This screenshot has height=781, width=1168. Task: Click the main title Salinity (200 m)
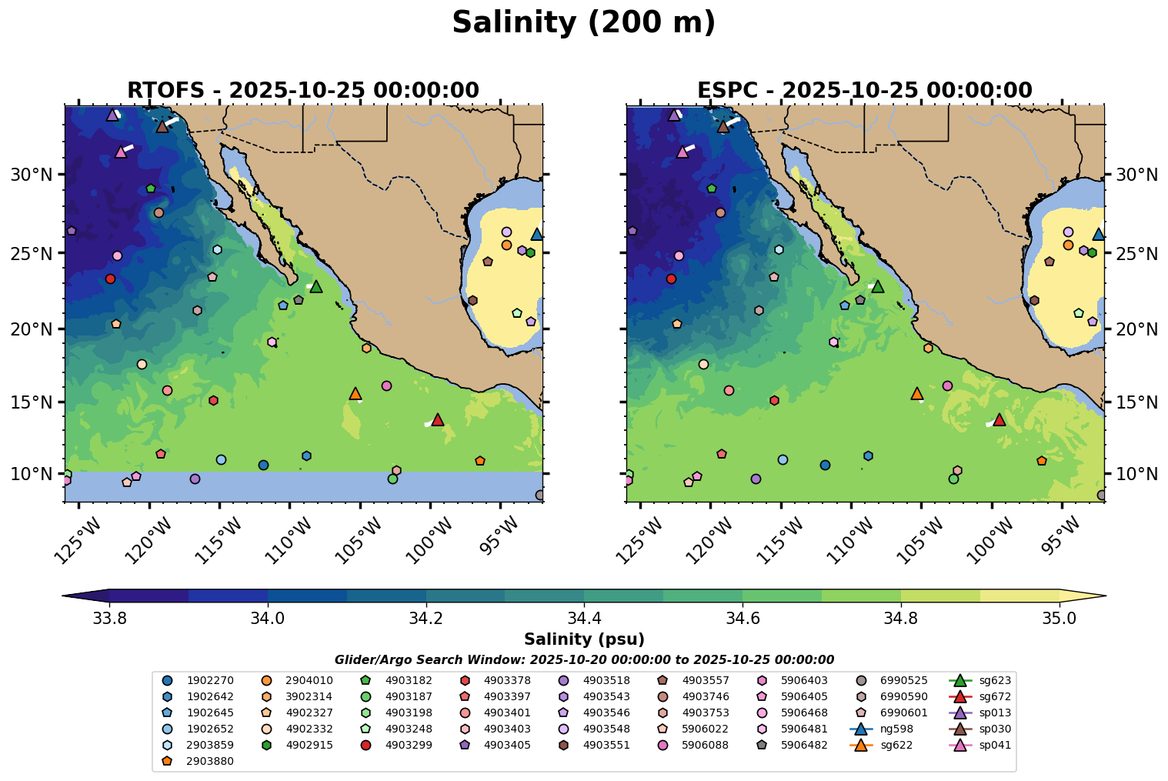click(583, 23)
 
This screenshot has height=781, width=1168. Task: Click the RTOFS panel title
click(303, 91)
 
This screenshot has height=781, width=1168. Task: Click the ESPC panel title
click(865, 91)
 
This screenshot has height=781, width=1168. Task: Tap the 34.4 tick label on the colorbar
click(584, 619)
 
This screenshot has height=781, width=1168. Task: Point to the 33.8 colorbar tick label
click(109, 619)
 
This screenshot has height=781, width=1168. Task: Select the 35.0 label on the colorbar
click(1060, 619)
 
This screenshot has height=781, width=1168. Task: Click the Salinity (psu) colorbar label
click(584, 639)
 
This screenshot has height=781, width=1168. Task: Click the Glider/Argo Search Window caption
click(584, 660)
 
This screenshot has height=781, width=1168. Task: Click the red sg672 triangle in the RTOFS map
click(438, 419)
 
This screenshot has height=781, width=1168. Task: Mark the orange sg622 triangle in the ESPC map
click(916, 393)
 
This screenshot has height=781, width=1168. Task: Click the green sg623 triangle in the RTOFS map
click(315, 286)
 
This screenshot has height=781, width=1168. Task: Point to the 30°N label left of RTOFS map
click(32, 175)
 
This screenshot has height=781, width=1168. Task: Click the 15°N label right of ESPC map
click(1136, 402)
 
